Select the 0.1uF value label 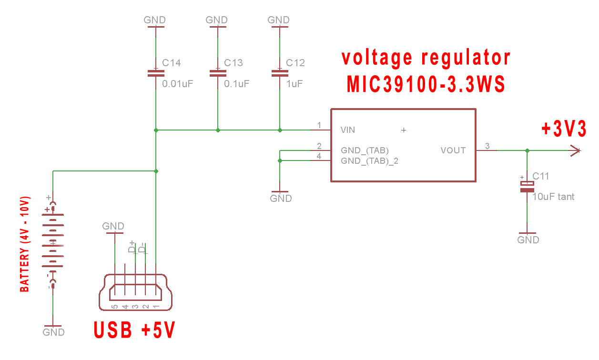pyautogui.click(x=237, y=84)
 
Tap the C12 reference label pyautogui.click(x=295, y=63)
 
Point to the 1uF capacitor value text pyautogui.click(x=294, y=84)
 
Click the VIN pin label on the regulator pyautogui.click(x=348, y=130)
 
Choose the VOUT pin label pyautogui.click(x=453, y=150)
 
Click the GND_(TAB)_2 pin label pyautogui.click(x=369, y=161)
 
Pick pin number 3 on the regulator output pyautogui.click(x=487, y=146)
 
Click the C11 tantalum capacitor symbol pyautogui.click(x=527, y=186)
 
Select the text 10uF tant pyautogui.click(x=553, y=196)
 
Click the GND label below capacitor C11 pyautogui.click(x=528, y=240)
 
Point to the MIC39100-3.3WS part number pyautogui.click(x=426, y=85)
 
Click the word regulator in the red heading pyautogui.click(x=466, y=58)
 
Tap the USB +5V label pyautogui.click(x=134, y=330)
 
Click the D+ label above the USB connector pyautogui.click(x=132, y=247)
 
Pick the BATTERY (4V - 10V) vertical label pyautogui.click(x=24, y=244)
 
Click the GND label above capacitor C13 pyautogui.click(x=217, y=20)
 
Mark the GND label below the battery pyautogui.click(x=53, y=332)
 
